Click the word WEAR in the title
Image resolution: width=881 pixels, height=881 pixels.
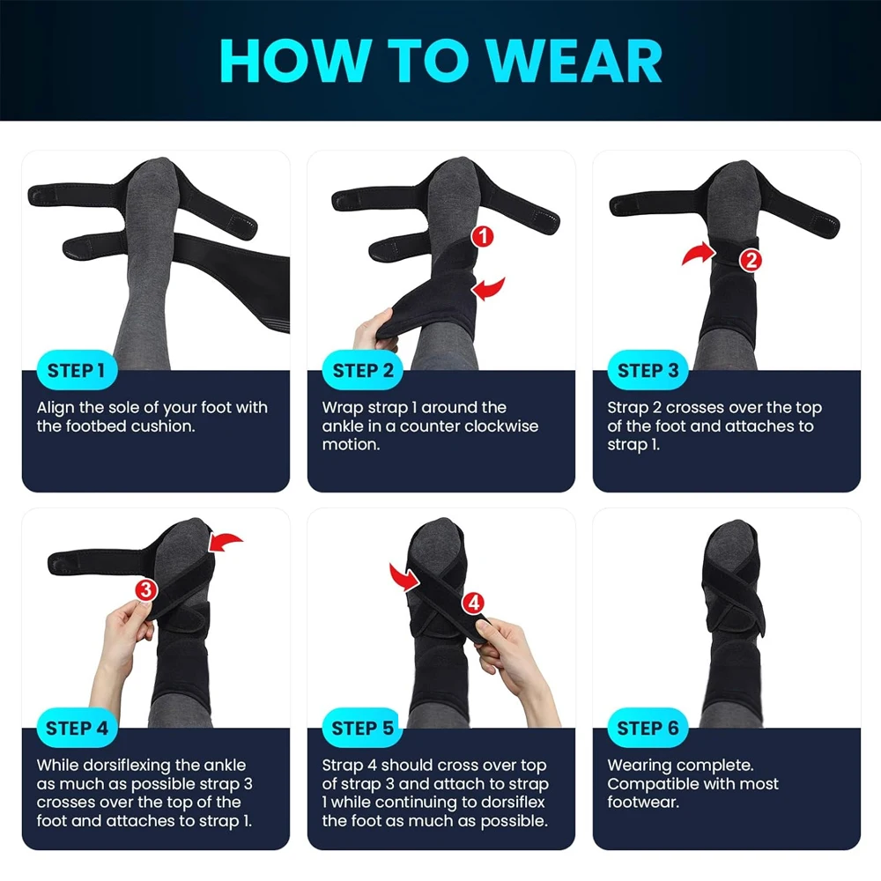[x=574, y=61]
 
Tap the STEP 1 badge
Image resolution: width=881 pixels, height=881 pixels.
[x=77, y=370]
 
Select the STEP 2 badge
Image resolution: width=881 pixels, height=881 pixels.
[x=362, y=370]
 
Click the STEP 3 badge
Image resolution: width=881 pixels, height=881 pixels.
[x=648, y=370]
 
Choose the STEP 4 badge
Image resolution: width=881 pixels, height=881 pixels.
[x=77, y=729]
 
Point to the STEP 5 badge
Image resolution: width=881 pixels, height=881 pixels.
[x=362, y=729]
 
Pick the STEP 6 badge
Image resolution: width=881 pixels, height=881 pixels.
[x=648, y=729]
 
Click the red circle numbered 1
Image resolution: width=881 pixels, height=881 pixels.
[x=483, y=236]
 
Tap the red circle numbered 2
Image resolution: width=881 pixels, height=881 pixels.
[x=751, y=260]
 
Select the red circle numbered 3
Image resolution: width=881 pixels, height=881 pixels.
[x=146, y=590]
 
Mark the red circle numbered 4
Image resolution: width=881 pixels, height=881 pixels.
[x=474, y=603]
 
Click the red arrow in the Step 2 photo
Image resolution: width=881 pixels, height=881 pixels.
[x=490, y=288]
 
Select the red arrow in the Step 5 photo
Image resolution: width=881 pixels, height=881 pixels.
[x=403, y=578]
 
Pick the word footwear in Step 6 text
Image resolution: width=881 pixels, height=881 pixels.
[x=643, y=802]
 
